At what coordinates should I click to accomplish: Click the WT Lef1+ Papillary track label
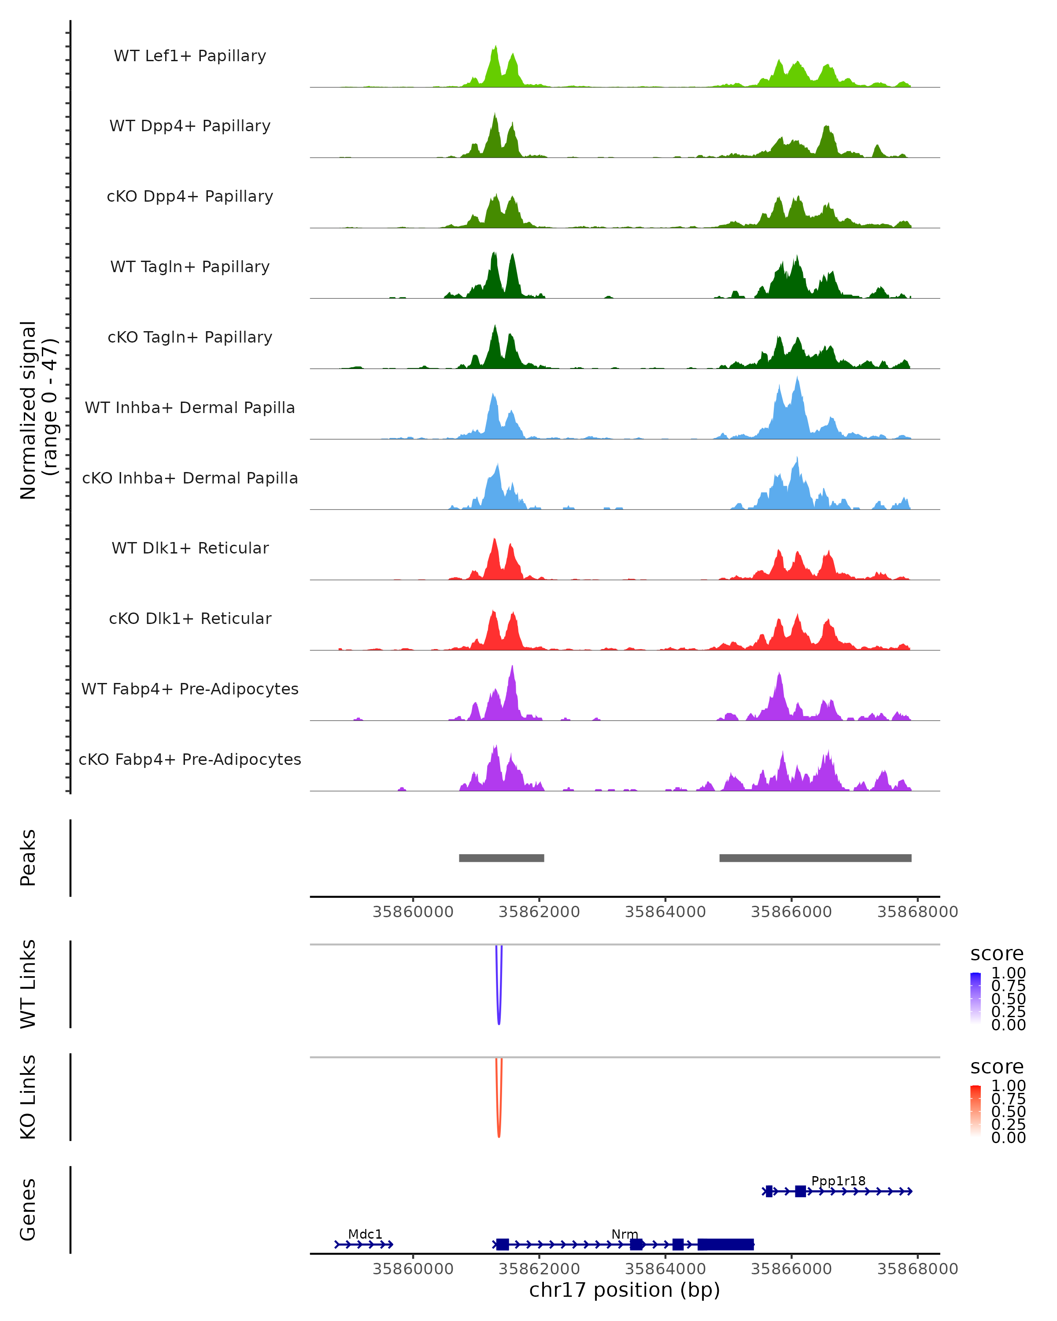coord(190,56)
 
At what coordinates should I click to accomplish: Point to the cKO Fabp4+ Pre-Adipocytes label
coord(190,759)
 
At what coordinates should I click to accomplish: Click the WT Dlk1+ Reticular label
coord(190,548)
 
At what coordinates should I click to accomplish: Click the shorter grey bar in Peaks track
coord(501,858)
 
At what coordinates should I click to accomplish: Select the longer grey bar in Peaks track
coord(815,858)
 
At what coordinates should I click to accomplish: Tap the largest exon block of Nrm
coord(725,1244)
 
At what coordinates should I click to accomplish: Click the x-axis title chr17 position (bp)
coord(625,1290)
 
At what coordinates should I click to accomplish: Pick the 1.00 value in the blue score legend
coord(1008,973)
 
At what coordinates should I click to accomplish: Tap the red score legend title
coord(996,1067)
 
